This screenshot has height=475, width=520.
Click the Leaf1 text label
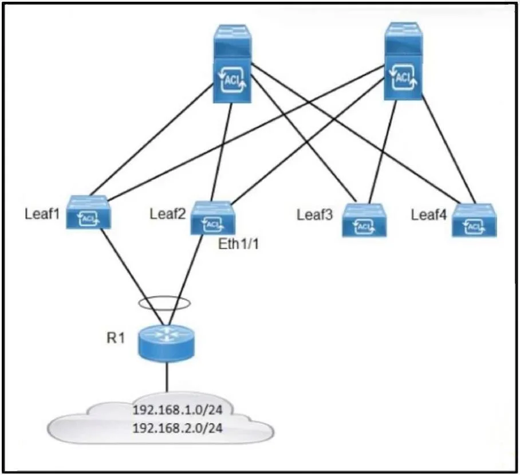42,214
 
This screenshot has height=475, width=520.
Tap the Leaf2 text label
167,214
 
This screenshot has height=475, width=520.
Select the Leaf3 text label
314,215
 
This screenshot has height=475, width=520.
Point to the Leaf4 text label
429,215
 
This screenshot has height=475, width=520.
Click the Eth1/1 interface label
238,244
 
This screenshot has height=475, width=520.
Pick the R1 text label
116,338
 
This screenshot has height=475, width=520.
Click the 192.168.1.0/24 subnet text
178,410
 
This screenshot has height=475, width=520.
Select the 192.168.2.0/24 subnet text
178,428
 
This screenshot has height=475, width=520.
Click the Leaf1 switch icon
89,212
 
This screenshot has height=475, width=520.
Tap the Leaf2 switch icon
213,218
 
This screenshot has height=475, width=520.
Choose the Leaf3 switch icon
364,220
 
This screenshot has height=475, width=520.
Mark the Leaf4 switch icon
474,220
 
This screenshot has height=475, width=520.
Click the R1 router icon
166,344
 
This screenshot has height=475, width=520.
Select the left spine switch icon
232,64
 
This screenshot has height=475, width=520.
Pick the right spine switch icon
404,61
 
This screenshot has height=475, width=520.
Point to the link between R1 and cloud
167,378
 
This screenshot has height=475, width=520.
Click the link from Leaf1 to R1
132,277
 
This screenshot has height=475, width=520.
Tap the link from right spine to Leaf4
448,150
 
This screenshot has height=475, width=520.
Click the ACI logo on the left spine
232,80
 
